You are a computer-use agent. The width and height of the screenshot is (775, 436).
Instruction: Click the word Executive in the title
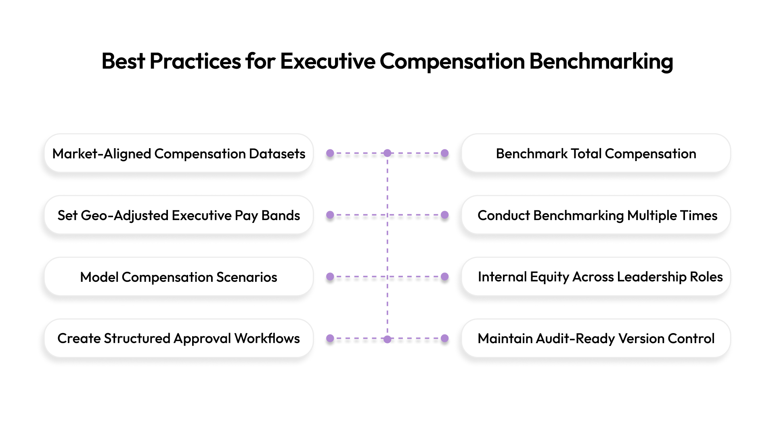327,61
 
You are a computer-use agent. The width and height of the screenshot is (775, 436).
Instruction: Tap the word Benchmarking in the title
601,61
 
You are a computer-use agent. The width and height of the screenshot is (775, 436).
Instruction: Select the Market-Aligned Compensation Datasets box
179,153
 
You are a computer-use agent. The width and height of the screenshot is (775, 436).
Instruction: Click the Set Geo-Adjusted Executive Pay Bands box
179,215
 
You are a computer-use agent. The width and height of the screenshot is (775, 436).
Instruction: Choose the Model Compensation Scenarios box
179,277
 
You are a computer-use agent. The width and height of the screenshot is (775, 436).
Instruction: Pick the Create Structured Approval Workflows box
179,338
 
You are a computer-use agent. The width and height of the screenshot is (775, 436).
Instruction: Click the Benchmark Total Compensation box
596,153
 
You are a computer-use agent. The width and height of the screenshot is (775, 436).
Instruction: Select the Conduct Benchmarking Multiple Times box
596,215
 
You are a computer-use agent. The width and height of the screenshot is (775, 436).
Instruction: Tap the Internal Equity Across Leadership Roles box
596,277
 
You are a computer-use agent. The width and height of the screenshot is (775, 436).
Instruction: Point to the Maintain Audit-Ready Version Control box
596,338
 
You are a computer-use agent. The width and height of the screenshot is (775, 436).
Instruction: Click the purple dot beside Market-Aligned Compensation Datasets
330,153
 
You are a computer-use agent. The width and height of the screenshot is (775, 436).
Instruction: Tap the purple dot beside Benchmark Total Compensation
445,153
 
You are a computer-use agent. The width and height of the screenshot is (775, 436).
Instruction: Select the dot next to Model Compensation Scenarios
330,277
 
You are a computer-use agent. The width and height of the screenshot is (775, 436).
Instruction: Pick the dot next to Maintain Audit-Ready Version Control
445,338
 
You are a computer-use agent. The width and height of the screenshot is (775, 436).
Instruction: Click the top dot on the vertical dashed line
387,153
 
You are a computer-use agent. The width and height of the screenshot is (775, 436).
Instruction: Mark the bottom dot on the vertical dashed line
387,339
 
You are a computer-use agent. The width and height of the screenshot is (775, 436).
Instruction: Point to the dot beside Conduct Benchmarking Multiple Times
445,215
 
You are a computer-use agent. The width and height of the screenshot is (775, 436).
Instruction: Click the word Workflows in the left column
267,338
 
